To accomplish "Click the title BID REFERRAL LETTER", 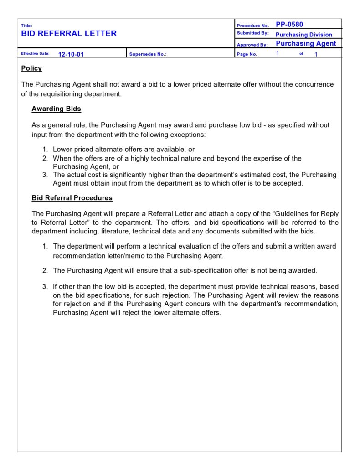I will (x=69, y=33).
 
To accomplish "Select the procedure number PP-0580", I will (x=289, y=25).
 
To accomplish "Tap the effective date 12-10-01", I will (x=71, y=54).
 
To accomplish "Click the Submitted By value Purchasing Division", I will (x=303, y=35).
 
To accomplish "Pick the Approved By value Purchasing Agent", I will (x=306, y=44).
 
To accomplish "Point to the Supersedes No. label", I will (x=148, y=54).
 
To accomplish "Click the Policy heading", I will (x=31, y=68).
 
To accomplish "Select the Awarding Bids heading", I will (x=56, y=109).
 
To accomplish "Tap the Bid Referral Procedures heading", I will (x=72, y=198).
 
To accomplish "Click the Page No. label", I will (x=247, y=54).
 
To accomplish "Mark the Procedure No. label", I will (x=252, y=26).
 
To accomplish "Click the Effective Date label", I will (x=35, y=54).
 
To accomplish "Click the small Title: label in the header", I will (x=26, y=26).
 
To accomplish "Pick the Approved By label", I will (x=252, y=45).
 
